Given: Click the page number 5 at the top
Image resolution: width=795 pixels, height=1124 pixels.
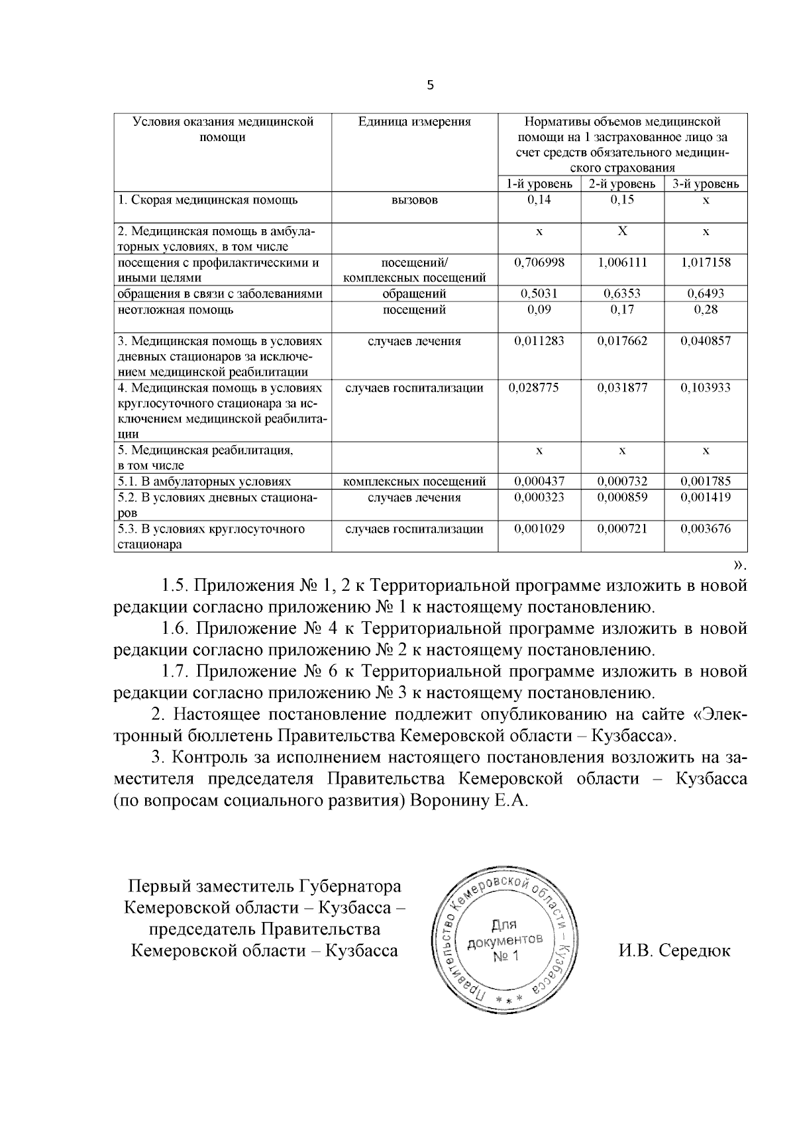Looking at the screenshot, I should (x=431, y=85).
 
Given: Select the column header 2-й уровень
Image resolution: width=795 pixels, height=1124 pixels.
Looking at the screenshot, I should (x=622, y=184).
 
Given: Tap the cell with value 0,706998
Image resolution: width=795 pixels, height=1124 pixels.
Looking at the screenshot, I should (x=539, y=262).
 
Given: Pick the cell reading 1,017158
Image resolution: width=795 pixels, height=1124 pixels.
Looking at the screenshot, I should (x=706, y=262).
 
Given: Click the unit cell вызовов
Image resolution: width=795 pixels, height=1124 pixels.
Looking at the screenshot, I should (x=414, y=200).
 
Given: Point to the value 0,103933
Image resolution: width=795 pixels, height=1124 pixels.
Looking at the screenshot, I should (x=706, y=387).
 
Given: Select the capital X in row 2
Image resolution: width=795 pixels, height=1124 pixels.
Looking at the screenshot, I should (x=622, y=230).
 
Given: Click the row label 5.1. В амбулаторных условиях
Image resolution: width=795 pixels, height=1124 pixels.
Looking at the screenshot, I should (x=204, y=482).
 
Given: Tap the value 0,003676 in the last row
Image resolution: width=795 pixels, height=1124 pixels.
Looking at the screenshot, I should (x=706, y=529).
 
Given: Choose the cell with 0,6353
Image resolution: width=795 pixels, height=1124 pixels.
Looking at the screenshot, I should (x=622, y=293).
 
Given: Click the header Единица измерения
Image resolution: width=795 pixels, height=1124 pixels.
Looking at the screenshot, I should (x=414, y=122).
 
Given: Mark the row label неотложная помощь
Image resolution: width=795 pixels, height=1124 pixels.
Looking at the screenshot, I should (x=175, y=309).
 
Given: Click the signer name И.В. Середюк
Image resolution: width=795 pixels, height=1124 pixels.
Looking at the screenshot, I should (x=674, y=951).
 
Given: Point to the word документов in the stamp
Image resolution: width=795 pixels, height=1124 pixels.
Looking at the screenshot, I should (x=505, y=941).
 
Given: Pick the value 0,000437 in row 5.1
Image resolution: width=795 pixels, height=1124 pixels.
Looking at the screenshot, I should (x=539, y=482).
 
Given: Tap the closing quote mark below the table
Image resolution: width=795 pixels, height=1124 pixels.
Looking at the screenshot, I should (x=740, y=565).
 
